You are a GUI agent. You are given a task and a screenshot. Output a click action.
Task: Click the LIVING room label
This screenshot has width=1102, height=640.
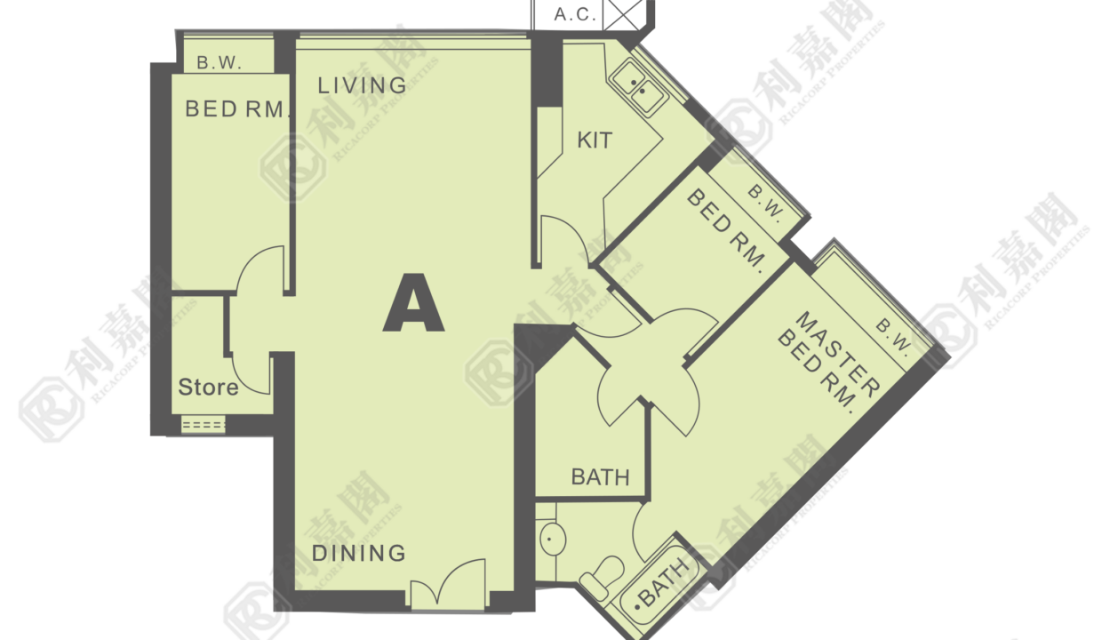(x=362, y=85)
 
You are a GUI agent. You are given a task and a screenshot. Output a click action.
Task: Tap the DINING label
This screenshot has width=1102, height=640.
(x=359, y=554)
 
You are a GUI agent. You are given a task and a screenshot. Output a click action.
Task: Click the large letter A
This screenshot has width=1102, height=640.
(x=413, y=302)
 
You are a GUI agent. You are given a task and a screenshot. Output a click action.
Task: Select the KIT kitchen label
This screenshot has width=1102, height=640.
(x=595, y=140)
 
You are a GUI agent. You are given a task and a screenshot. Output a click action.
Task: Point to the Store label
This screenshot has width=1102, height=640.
(x=208, y=388)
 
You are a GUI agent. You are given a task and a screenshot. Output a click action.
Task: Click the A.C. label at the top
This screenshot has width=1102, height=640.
(x=575, y=15)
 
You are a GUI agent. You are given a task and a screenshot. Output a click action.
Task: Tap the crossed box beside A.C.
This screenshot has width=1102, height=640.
(x=623, y=15)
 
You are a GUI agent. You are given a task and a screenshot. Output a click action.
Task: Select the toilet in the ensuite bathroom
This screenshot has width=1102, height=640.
(x=602, y=577)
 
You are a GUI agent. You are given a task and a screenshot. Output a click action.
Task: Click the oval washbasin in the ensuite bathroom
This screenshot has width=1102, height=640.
(x=553, y=540)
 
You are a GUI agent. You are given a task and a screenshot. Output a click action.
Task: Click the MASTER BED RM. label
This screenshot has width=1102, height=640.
(x=828, y=362)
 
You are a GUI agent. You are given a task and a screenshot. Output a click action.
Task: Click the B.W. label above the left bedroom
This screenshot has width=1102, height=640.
(x=220, y=62)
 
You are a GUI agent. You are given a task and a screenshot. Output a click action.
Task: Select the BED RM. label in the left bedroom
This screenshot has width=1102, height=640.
(x=236, y=109)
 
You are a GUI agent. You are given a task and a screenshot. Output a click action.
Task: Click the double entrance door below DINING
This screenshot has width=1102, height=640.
(x=448, y=584)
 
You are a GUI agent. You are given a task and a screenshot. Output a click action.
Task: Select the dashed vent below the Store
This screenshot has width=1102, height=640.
(x=204, y=425)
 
